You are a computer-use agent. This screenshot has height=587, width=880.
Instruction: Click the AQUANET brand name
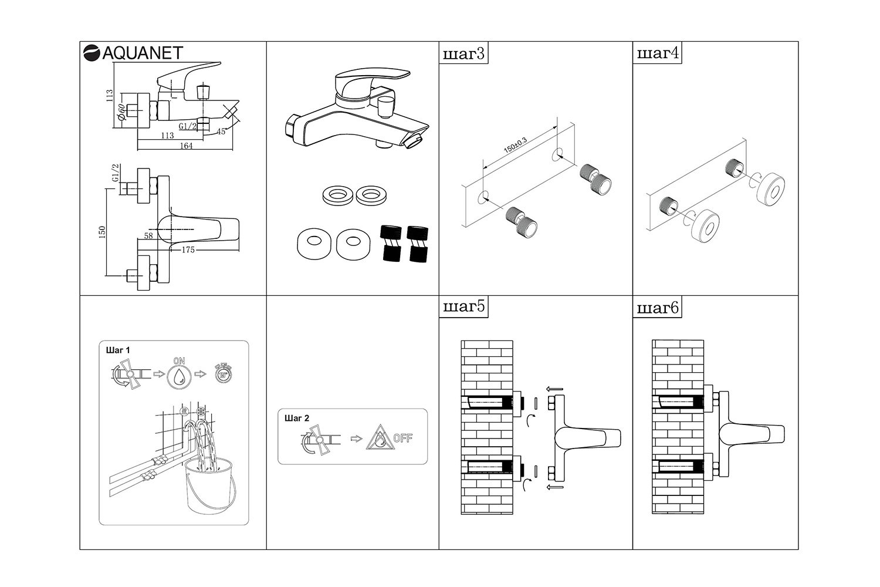[x=143, y=53]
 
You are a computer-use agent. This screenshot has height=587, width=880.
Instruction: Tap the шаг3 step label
[x=463, y=54]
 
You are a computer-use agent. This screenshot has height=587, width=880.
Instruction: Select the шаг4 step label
[x=658, y=54]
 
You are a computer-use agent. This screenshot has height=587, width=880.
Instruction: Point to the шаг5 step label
[x=463, y=308]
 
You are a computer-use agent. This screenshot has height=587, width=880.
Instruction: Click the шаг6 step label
[x=658, y=308]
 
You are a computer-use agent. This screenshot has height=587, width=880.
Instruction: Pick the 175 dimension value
[x=188, y=249]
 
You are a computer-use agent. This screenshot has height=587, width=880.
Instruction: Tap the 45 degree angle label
[x=221, y=131]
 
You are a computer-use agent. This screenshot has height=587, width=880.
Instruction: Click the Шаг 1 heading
[x=118, y=350]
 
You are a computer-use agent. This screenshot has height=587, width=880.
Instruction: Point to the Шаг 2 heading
[x=296, y=418]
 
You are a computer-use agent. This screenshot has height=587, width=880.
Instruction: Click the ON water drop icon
[x=180, y=376]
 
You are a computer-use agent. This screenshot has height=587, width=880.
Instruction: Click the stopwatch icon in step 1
[x=222, y=374]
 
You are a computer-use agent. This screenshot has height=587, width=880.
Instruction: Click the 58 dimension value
[x=148, y=236]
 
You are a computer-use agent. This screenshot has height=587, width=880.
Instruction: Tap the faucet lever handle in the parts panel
[x=370, y=77]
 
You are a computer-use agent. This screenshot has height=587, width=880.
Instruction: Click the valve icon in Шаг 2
[x=317, y=439]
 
